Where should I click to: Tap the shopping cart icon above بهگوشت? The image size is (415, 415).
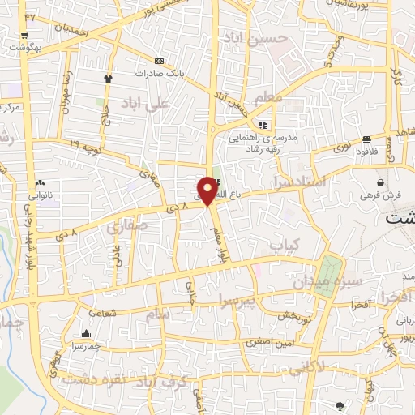click(x=24, y=35)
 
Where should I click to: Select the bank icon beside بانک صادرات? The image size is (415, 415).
click(x=158, y=61)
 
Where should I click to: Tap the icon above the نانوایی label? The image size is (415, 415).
click(x=40, y=183)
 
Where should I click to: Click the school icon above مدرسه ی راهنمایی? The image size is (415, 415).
click(x=263, y=125)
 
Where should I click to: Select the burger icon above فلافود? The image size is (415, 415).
click(x=366, y=139)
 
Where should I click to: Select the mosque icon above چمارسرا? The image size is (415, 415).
click(x=86, y=333)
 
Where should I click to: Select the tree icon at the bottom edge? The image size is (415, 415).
click(x=339, y=405)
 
